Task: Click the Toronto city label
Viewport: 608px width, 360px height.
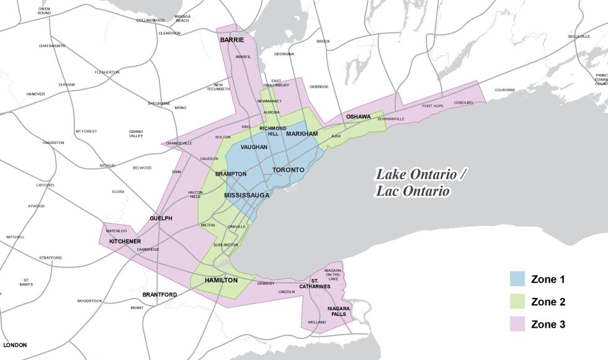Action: click(288, 169)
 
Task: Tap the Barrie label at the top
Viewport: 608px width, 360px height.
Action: click(231, 40)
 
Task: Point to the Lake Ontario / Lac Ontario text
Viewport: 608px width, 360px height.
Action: click(420, 182)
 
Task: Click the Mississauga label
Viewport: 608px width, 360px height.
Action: click(247, 195)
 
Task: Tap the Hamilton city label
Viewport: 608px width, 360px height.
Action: click(221, 280)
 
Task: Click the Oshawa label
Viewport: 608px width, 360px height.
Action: click(358, 117)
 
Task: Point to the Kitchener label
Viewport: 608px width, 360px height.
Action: click(125, 241)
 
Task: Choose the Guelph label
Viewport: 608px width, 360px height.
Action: click(161, 218)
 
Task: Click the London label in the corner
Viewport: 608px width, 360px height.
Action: click(15, 344)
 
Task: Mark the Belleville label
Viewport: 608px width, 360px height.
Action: click(579, 37)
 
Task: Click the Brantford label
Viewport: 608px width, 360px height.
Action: click(159, 294)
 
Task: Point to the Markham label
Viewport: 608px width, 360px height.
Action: click(302, 134)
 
